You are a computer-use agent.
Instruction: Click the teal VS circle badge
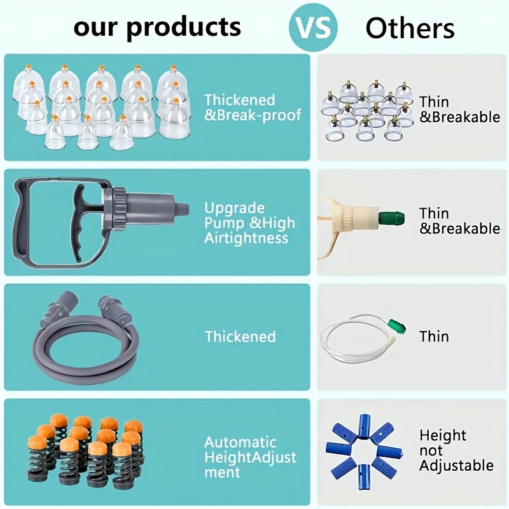pyautogui.click(x=313, y=27)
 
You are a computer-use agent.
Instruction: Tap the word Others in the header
pyautogui.click(x=410, y=28)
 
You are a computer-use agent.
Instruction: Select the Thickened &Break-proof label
pyautogui.click(x=253, y=108)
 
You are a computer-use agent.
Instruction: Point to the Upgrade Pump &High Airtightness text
pyautogui.click(x=249, y=223)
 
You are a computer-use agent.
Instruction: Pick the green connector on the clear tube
pyautogui.click(x=396, y=326)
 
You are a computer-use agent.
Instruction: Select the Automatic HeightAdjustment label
pyautogui.click(x=250, y=457)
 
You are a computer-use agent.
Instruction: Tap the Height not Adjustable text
pyautogui.click(x=456, y=450)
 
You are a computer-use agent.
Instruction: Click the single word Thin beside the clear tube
pyautogui.click(x=434, y=337)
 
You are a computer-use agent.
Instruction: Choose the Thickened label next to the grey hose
pyautogui.click(x=241, y=337)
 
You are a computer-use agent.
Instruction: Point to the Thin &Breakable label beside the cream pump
pyautogui.click(x=459, y=221)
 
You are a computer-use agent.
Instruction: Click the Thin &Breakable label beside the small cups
pyautogui.click(x=459, y=109)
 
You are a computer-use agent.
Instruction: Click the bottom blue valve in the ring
pyautogui.click(x=363, y=477)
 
